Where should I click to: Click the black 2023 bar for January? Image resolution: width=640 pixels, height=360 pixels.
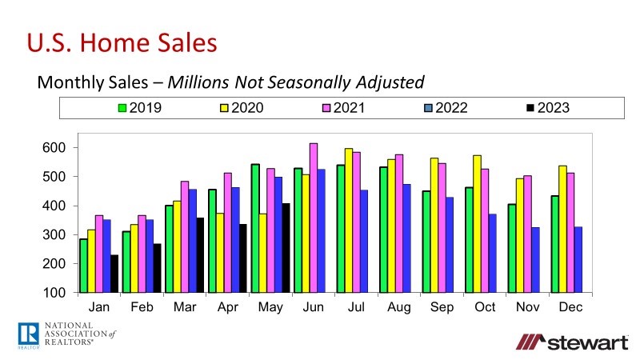(x=115, y=274)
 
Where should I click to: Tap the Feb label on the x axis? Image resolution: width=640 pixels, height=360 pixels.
(x=142, y=307)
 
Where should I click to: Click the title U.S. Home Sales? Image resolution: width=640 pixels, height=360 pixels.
(x=122, y=42)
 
